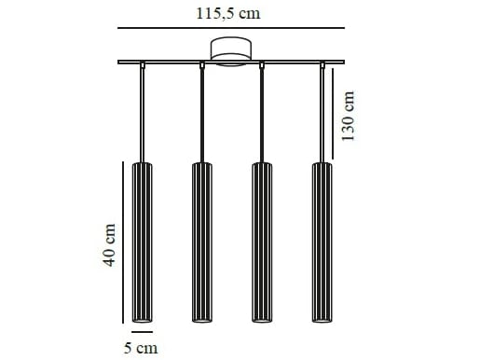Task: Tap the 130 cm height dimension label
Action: point(350,116)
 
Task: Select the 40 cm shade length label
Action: point(109,245)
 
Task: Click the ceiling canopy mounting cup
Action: point(230,50)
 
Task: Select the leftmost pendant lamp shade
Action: point(142,242)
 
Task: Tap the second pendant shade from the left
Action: point(202,242)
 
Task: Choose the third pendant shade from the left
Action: point(262,242)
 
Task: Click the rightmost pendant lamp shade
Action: point(322,242)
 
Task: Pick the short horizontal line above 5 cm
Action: point(142,331)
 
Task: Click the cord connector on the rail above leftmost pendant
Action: point(142,65)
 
